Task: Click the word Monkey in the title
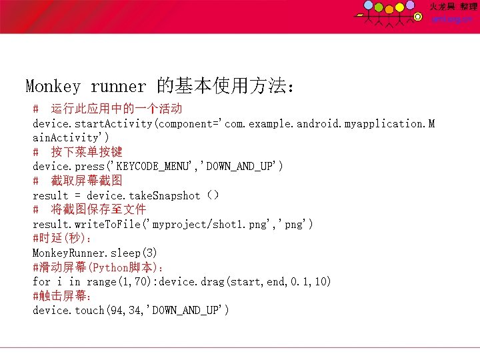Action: [53, 86]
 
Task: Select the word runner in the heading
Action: [118, 86]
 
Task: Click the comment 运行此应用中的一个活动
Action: [117, 109]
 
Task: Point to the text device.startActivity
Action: [93, 124]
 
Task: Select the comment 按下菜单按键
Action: [87, 152]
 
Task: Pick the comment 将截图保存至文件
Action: [99, 209]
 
